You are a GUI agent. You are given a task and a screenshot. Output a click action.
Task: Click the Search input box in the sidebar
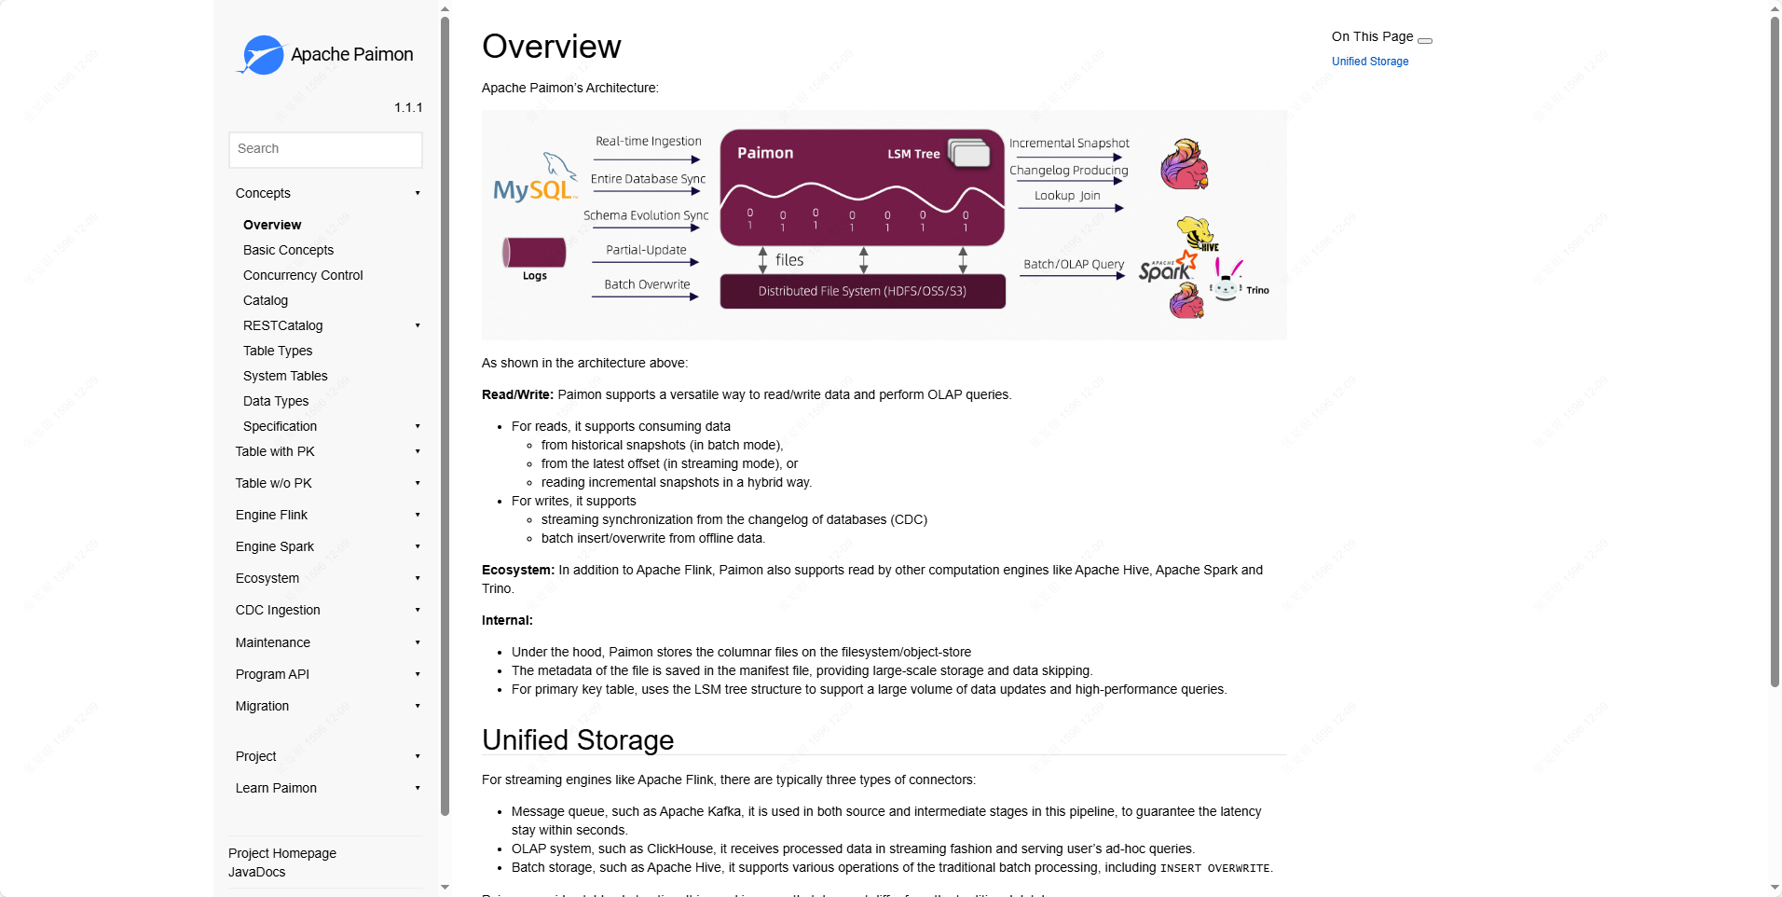(325, 149)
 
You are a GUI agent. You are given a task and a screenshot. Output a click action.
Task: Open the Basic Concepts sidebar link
(288, 250)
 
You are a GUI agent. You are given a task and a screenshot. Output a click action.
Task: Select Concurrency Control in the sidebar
(303, 275)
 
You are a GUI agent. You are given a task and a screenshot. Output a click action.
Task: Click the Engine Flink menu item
(271, 515)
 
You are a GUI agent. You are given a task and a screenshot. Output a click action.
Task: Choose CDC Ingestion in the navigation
(278, 610)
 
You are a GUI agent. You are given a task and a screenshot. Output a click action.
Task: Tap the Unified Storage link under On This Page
(1369, 62)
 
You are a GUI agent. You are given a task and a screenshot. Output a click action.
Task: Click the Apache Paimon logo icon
(262, 55)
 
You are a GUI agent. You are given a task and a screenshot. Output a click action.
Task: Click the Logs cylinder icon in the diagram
(534, 253)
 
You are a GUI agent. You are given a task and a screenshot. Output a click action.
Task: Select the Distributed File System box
(862, 291)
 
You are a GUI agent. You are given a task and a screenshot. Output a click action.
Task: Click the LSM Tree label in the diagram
(913, 154)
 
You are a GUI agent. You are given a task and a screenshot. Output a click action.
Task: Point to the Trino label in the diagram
(1257, 290)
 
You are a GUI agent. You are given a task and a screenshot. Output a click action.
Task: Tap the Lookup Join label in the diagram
(1067, 196)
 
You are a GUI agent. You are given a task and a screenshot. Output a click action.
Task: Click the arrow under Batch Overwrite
(645, 297)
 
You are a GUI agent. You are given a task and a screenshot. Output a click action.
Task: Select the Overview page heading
(552, 47)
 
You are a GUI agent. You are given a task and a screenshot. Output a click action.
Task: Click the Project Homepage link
(282, 853)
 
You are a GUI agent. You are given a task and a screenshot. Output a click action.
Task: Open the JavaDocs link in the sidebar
(257, 872)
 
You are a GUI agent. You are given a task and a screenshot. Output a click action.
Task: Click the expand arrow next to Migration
(418, 706)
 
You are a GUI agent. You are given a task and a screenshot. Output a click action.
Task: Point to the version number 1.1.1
(408, 107)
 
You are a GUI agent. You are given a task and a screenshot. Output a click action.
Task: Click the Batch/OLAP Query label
(1074, 265)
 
